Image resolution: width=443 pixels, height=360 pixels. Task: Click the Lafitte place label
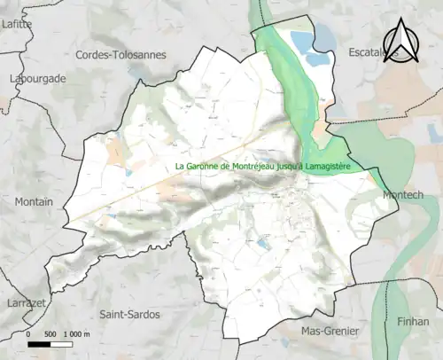tap(16, 25)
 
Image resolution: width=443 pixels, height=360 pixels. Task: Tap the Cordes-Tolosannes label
tap(121, 55)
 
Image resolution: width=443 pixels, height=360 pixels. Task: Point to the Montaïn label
tap(34, 202)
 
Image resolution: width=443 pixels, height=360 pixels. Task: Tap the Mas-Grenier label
tap(330, 332)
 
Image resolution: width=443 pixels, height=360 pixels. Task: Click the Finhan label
tap(411, 321)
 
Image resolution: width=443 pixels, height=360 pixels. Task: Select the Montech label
tap(403, 194)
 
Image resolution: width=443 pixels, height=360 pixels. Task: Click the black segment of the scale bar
tap(39, 344)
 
